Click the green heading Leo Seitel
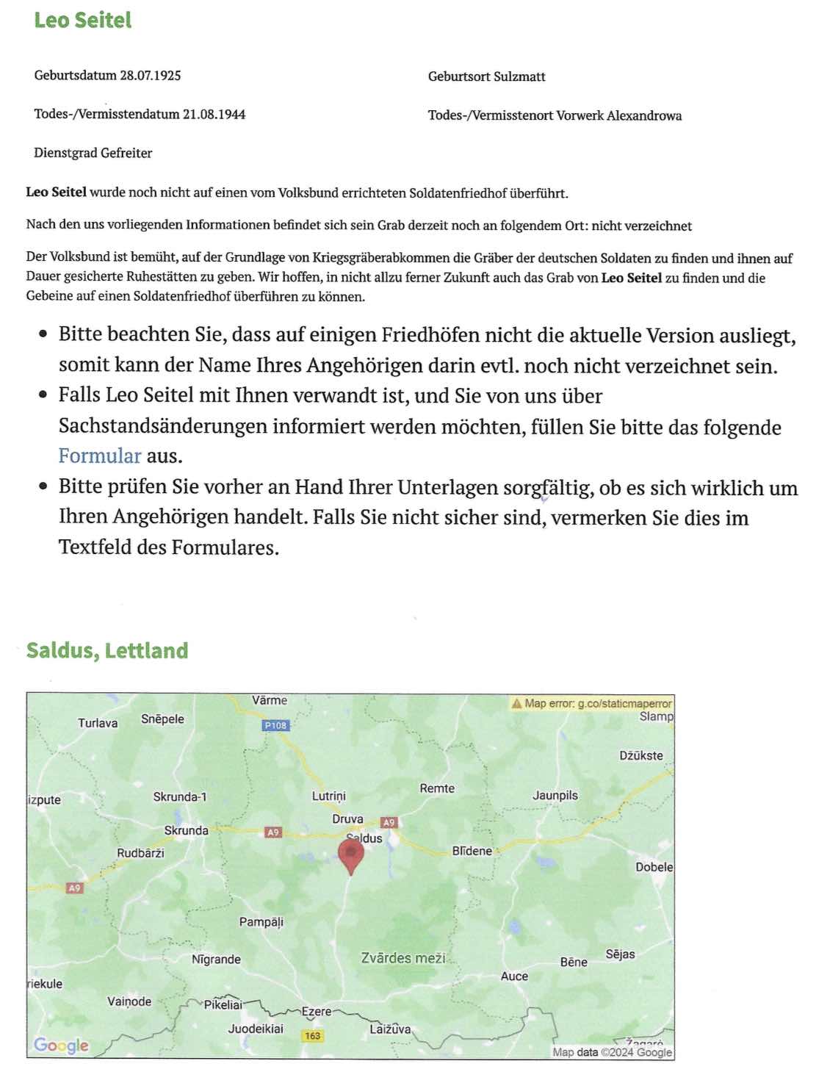coord(82,20)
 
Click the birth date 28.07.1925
coord(151,75)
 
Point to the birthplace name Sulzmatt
coord(519,76)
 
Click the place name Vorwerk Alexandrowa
coord(618,115)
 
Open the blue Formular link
coord(99,456)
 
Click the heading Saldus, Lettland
coord(107,650)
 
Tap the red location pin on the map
coord(351,854)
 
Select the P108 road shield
coord(276,725)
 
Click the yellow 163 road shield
coord(313,1035)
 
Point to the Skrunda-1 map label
coord(180,796)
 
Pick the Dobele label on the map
coord(654,867)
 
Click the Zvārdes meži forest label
coord(403,958)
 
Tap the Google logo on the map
coord(61,1045)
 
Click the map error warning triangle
coord(516,703)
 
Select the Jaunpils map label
coord(555,795)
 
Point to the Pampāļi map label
coord(261,921)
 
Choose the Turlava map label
coord(98,723)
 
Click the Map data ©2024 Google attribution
coord(612,1052)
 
